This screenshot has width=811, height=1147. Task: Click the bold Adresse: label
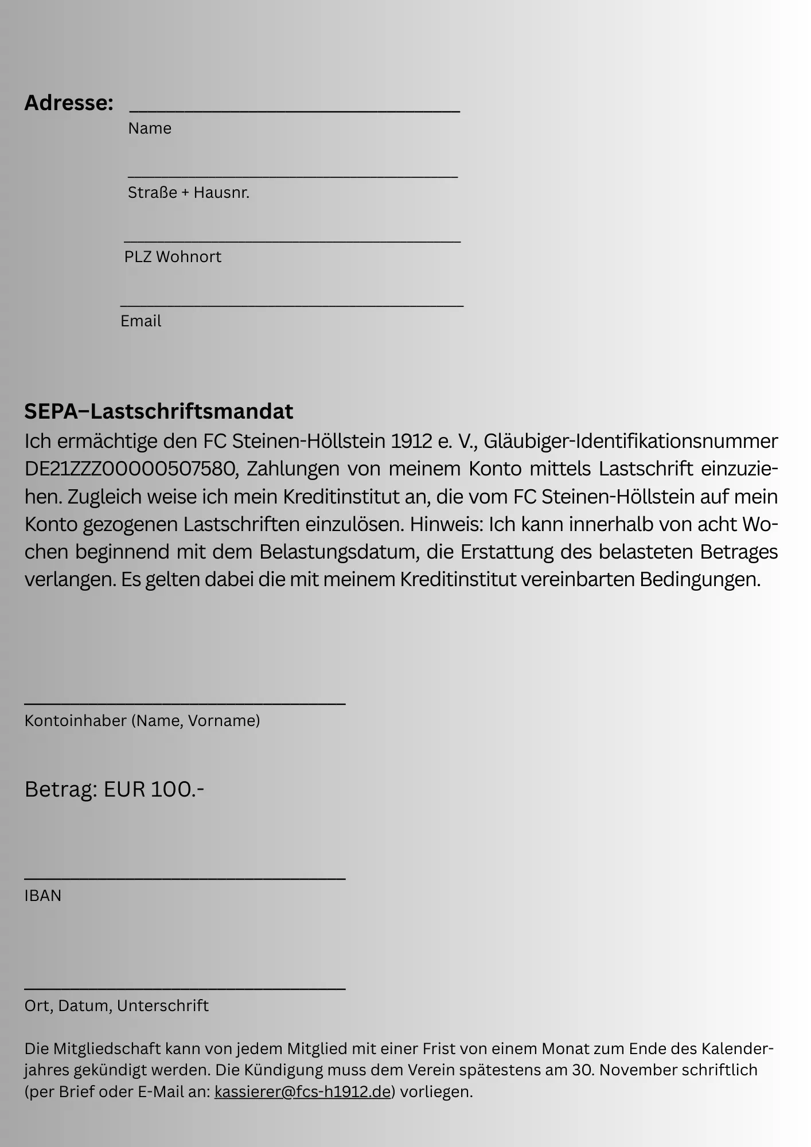click(x=69, y=103)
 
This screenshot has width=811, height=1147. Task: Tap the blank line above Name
click(x=294, y=111)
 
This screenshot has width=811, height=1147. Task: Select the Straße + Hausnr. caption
click(x=189, y=193)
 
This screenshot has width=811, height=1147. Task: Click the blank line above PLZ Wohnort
click(x=292, y=241)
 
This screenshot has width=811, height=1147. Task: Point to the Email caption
click(x=141, y=321)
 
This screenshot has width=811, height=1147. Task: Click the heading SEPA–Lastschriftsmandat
click(x=158, y=411)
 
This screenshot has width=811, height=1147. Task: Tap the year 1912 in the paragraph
click(x=411, y=441)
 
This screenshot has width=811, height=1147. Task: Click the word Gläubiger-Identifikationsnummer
click(x=631, y=441)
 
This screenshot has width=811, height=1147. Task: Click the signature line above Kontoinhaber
click(x=185, y=703)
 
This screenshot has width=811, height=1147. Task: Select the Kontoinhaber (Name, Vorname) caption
click(x=142, y=721)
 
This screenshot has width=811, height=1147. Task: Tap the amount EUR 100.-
click(x=154, y=790)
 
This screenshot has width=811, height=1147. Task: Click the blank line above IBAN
click(x=185, y=878)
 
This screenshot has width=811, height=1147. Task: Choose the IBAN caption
click(x=42, y=896)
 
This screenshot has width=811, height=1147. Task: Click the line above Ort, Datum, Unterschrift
click(x=185, y=988)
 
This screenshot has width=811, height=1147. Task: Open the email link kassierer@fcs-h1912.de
click(x=302, y=1092)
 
